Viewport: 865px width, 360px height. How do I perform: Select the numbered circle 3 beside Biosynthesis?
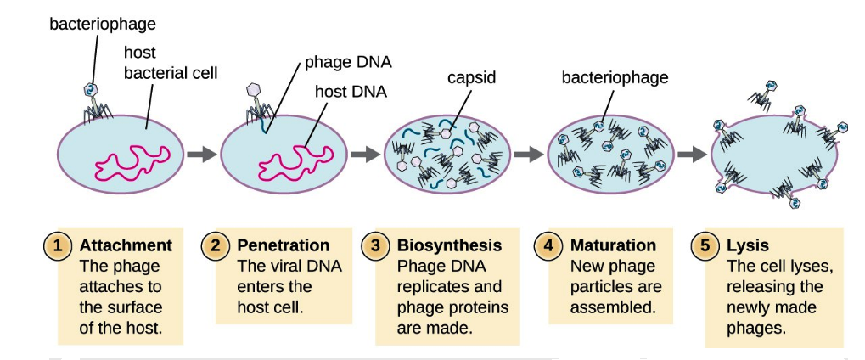point(375,246)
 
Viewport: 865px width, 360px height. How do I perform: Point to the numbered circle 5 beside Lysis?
point(705,246)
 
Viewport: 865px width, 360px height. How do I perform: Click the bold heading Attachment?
point(126,246)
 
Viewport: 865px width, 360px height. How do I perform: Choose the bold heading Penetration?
point(283,246)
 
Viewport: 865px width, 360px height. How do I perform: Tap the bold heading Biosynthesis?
point(449,246)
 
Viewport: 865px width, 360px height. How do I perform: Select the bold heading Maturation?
point(613,246)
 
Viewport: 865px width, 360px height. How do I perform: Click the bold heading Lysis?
point(747,246)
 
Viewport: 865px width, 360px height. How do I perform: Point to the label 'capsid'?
point(471,78)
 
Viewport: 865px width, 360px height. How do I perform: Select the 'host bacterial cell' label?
point(170,63)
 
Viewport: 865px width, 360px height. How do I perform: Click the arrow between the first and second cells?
point(201,155)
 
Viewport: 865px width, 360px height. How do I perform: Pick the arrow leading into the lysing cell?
point(693,155)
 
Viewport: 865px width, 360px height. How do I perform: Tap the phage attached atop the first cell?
point(95,100)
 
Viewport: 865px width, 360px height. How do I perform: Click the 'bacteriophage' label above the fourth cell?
point(615,78)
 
